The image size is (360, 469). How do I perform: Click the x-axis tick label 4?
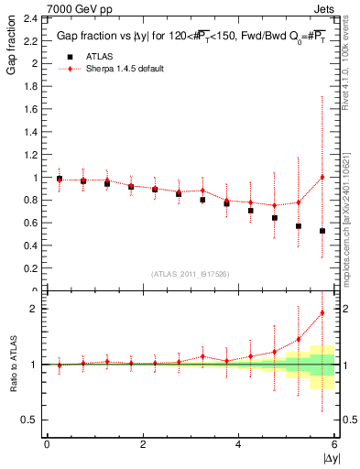[238, 444]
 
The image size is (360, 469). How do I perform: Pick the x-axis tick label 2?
[143, 444]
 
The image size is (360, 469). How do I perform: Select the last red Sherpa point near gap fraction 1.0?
[322, 177]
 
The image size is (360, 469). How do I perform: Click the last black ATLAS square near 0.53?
[322, 231]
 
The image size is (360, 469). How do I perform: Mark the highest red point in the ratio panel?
[322, 312]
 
